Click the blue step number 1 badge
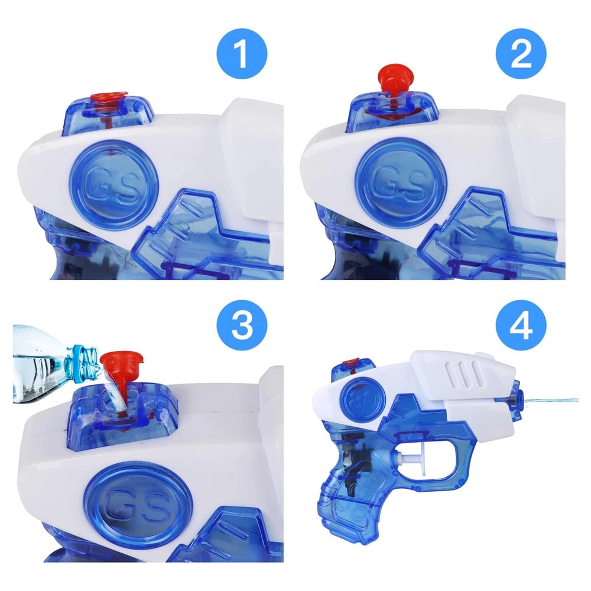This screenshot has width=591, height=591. click(x=242, y=54)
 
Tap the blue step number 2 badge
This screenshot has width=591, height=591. click(x=521, y=54)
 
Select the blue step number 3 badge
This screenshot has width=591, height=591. click(x=242, y=324)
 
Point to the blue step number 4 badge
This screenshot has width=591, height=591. click(x=521, y=324)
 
